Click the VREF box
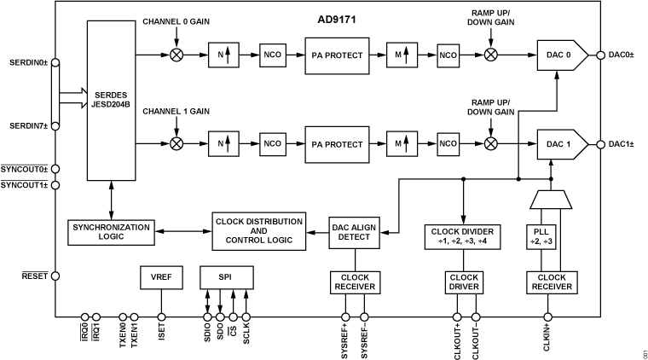click(160, 277)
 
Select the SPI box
click(225, 277)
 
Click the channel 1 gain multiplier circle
click(176, 142)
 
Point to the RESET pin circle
click(56, 276)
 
